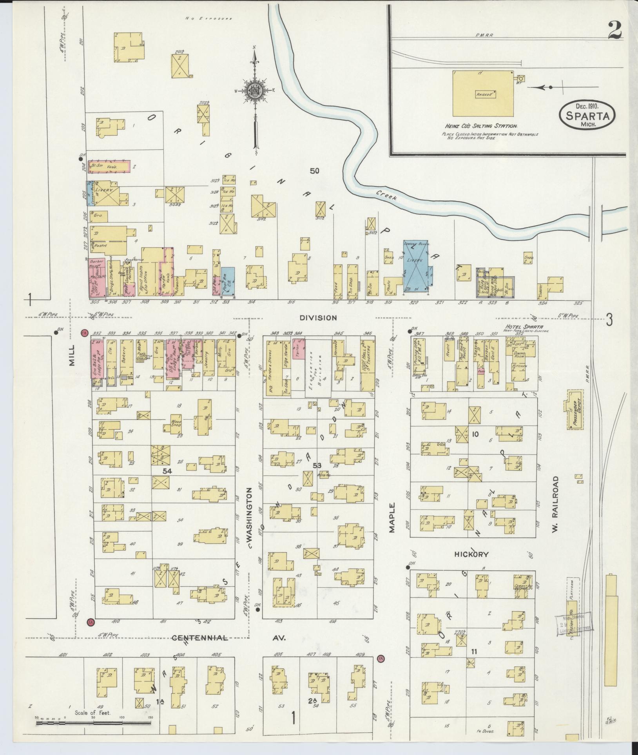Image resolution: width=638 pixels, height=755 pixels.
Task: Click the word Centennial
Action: coord(200,638)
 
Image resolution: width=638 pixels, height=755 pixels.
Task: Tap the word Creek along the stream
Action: coord(387,195)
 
